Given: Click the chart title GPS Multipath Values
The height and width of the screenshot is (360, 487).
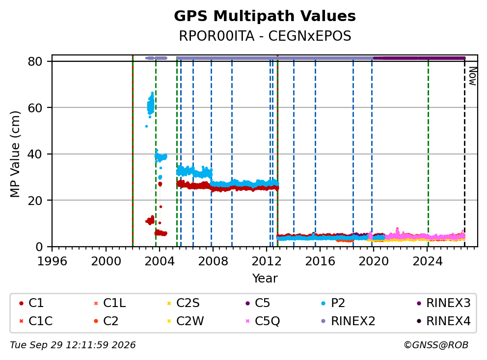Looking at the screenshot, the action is (x=265, y=16).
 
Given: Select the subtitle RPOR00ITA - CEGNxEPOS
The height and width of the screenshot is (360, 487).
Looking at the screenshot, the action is (x=265, y=36).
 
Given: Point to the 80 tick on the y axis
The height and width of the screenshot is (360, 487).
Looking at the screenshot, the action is (x=35, y=61).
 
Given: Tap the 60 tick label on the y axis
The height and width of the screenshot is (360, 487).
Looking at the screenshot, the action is (x=35, y=108).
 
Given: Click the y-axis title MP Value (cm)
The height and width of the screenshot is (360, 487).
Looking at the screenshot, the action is (x=15, y=154).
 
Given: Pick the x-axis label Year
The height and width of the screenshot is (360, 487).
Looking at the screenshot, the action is (x=265, y=278).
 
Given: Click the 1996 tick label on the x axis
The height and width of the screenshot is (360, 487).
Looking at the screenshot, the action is (x=52, y=261).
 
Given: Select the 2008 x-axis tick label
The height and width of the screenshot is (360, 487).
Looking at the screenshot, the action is (x=213, y=261).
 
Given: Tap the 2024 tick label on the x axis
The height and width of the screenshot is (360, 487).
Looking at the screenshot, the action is (x=428, y=261).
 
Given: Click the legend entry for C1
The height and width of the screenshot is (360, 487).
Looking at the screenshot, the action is (x=31, y=303).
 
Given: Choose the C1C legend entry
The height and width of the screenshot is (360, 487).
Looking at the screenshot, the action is (x=36, y=321).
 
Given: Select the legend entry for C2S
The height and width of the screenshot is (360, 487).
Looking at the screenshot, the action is (x=183, y=303).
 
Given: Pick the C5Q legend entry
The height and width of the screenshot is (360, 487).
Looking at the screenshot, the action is (x=263, y=321).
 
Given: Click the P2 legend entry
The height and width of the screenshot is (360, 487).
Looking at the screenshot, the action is (x=333, y=303).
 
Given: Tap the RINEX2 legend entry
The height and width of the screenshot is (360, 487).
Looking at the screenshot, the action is (x=348, y=321).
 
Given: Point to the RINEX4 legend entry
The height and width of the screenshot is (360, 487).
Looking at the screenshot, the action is (x=443, y=321).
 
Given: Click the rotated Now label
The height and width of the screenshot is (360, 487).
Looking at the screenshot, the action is (x=472, y=76).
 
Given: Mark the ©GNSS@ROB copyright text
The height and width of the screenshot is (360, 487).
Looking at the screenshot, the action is (x=436, y=345).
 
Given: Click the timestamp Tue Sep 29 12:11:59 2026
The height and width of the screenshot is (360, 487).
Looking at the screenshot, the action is (x=73, y=345).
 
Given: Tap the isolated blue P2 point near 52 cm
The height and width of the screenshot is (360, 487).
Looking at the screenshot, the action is (x=146, y=127).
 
